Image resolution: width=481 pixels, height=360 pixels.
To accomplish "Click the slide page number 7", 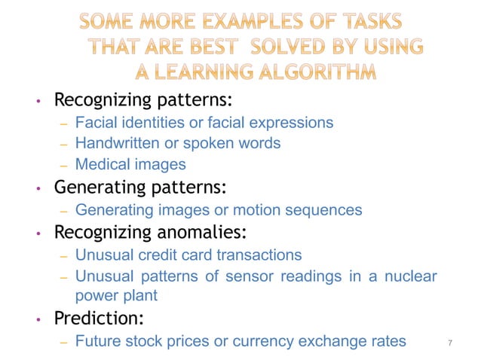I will tap(449, 343).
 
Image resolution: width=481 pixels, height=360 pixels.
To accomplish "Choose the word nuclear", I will tap(410, 276).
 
